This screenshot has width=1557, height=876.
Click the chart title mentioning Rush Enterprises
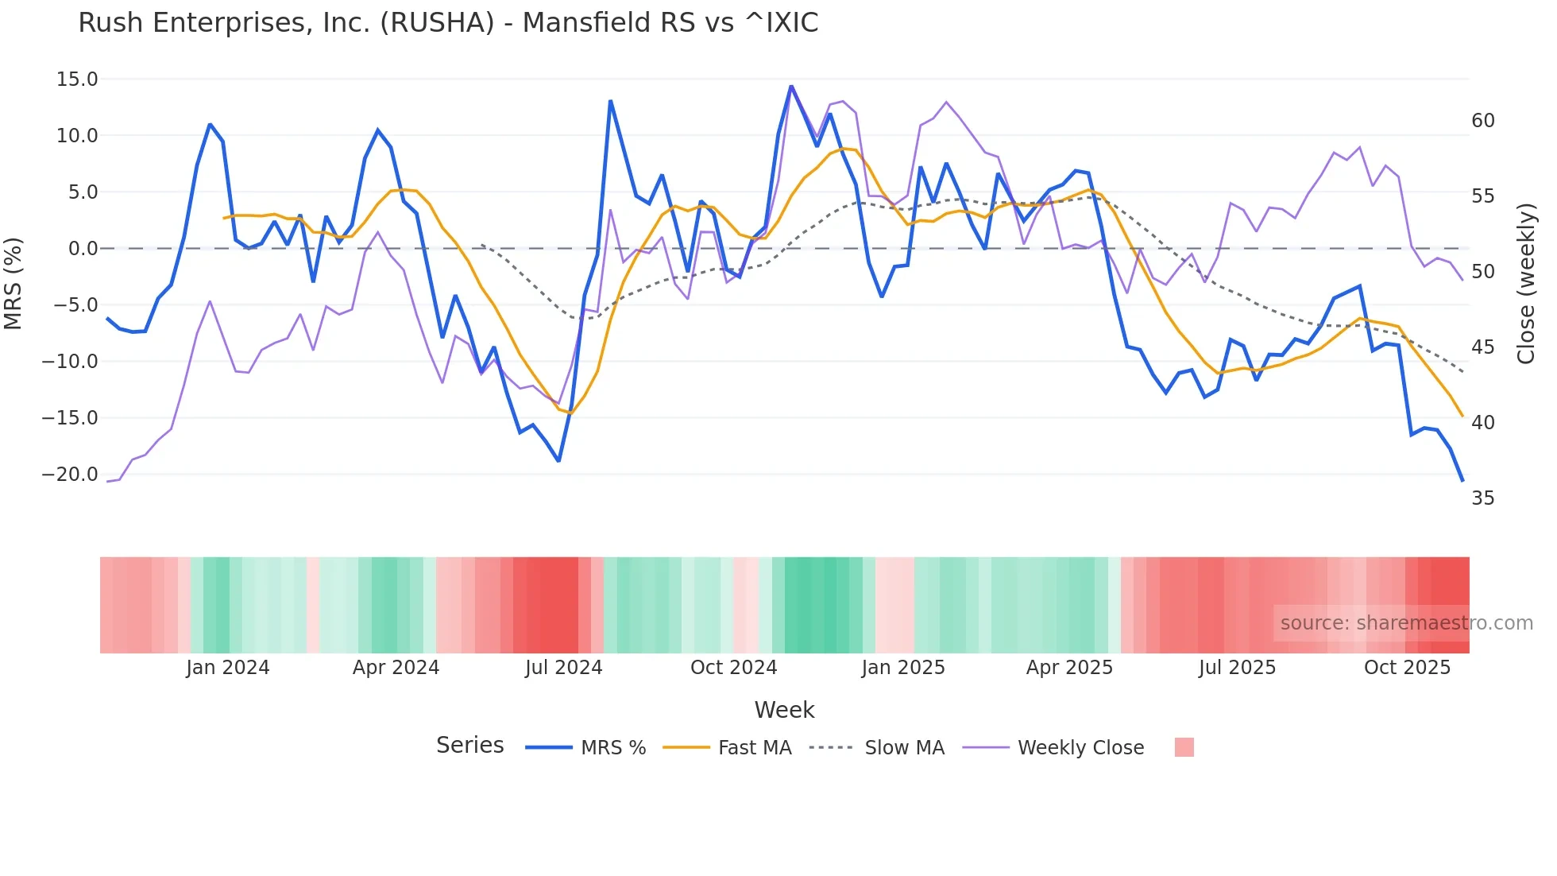448,23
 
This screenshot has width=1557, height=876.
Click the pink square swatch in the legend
1184,747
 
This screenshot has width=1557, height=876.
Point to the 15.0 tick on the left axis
77,79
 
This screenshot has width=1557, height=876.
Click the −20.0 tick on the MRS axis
70,475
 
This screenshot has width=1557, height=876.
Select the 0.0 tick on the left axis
83,249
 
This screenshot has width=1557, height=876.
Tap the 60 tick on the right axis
1482,121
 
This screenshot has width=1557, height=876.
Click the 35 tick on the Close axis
1482,498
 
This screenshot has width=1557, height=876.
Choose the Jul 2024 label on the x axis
563,668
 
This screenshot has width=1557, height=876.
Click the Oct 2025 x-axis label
1407,668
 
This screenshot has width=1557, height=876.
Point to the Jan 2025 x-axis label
902,668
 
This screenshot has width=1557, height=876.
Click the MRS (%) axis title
14,283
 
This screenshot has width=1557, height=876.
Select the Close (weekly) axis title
1525,284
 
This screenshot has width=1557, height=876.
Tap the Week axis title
784,710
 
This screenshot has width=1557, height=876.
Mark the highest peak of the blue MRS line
791,86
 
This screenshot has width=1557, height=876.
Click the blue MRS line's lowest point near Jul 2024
558,461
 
